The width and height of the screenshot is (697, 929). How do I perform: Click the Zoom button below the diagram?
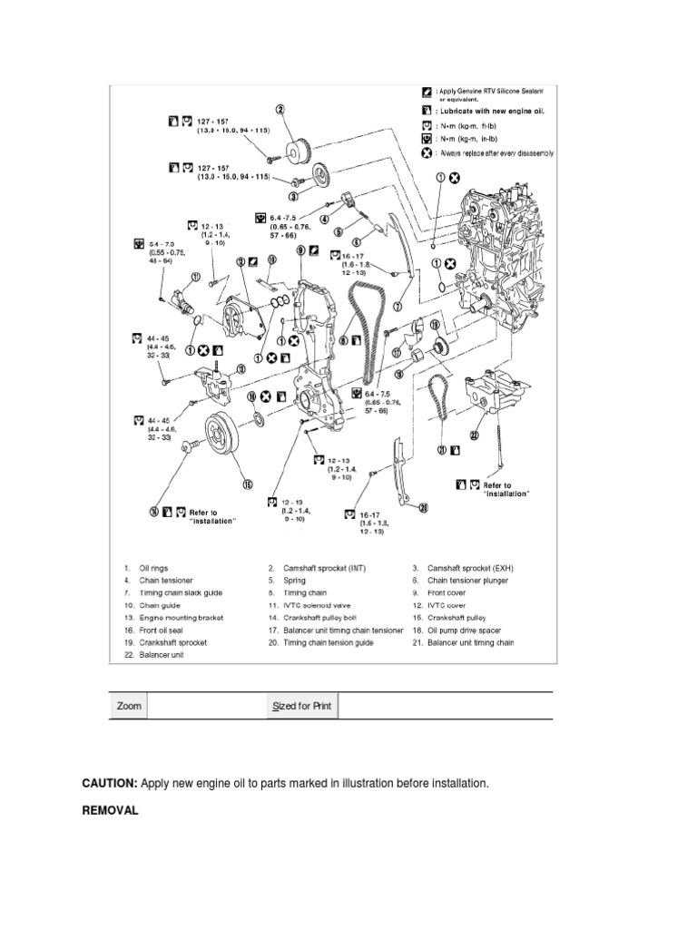(x=129, y=706)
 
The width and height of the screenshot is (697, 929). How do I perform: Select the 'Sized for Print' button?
(x=302, y=706)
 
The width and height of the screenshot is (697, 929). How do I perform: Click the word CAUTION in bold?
(x=109, y=782)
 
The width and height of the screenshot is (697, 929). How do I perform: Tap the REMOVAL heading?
(x=110, y=811)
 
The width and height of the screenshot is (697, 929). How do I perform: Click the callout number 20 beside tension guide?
(x=422, y=509)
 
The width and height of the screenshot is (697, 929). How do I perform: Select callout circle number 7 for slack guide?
(x=397, y=307)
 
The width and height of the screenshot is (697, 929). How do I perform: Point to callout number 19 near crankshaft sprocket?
(x=435, y=325)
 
